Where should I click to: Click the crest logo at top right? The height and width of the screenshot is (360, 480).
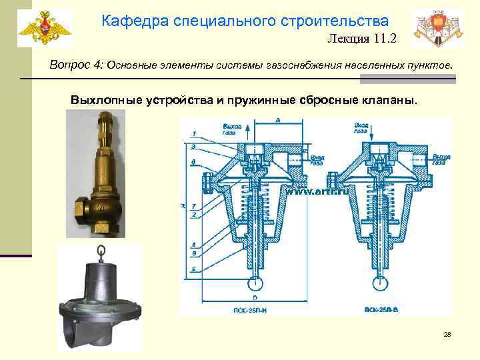[436, 28]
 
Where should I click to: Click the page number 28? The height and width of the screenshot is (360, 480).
[447, 333]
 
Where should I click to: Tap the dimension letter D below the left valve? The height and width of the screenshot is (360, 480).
[253, 294]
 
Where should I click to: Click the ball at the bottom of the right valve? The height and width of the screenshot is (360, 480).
[381, 281]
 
